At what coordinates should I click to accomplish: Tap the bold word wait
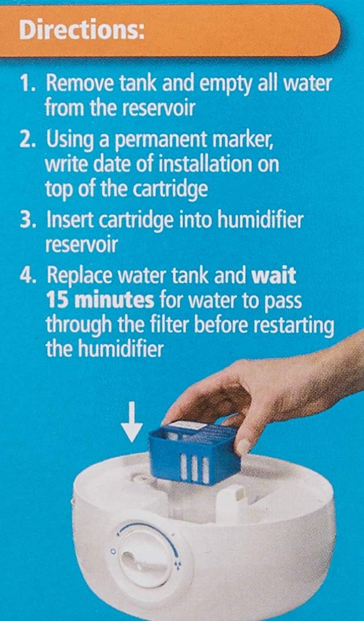tap(274, 276)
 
